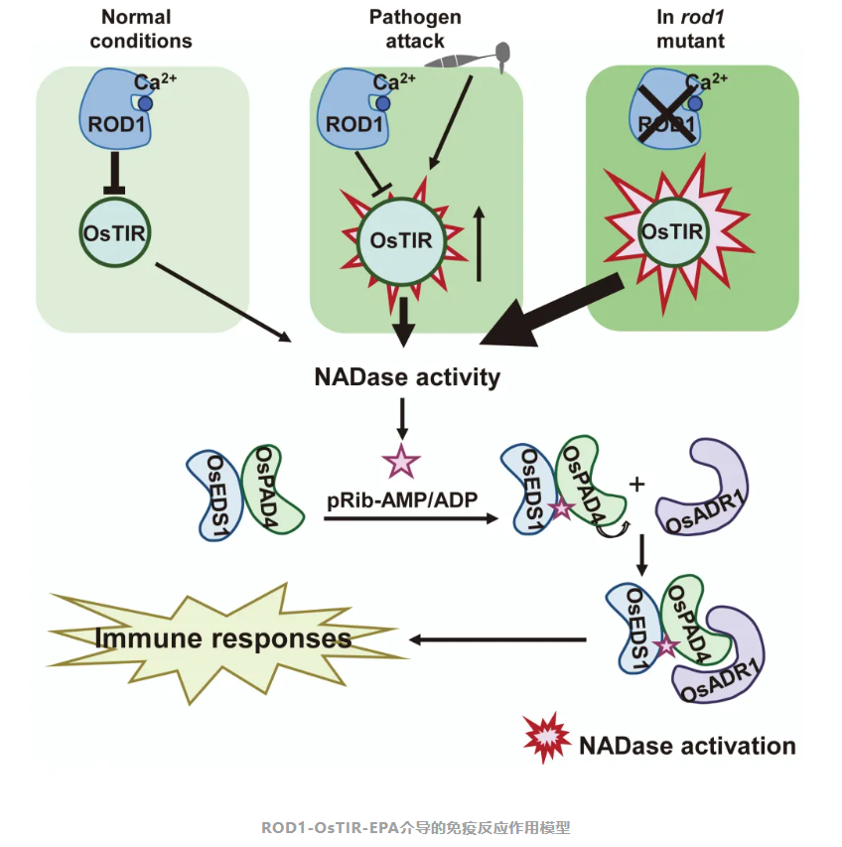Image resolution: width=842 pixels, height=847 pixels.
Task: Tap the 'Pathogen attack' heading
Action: click(x=415, y=30)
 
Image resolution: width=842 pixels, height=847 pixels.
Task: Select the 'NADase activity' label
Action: click(x=407, y=377)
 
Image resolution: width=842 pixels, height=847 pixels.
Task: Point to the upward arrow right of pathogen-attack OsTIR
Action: click(x=480, y=243)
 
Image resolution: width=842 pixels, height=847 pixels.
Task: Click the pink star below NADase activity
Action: click(x=401, y=461)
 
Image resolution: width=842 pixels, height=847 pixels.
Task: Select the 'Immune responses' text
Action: click(x=223, y=638)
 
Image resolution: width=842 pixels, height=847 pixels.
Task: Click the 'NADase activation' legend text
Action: click(x=687, y=745)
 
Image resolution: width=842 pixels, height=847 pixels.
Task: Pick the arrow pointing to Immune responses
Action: click(x=501, y=638)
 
